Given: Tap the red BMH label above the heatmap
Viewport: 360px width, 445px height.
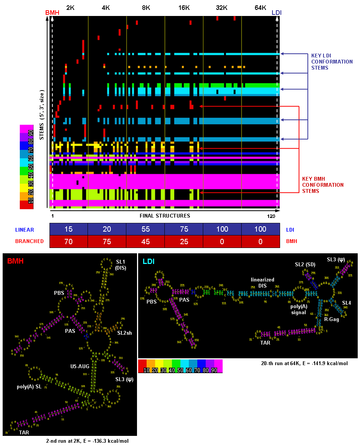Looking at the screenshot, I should [x=52, y=13].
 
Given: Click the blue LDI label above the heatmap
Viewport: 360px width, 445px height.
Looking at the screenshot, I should [x=277, y=13].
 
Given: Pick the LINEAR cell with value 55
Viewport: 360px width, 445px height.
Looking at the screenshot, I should [x=145, y=229].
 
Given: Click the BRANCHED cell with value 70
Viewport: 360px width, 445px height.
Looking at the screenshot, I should [x=69, y=241].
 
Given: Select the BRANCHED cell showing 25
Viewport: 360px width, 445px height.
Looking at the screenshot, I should [x=184, y=241].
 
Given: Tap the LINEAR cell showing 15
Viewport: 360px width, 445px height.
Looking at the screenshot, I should [x=69, y=229].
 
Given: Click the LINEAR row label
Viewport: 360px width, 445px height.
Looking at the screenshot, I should [x=25, y=230].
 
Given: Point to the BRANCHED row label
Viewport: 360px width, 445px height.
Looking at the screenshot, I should [x=29, y=241].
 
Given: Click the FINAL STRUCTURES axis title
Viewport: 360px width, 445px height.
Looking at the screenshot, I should [x=165, y=216].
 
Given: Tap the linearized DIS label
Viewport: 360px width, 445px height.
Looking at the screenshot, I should [x=263, y=282].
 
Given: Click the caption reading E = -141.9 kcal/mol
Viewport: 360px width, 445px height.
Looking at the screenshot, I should [x=303, y=363].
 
